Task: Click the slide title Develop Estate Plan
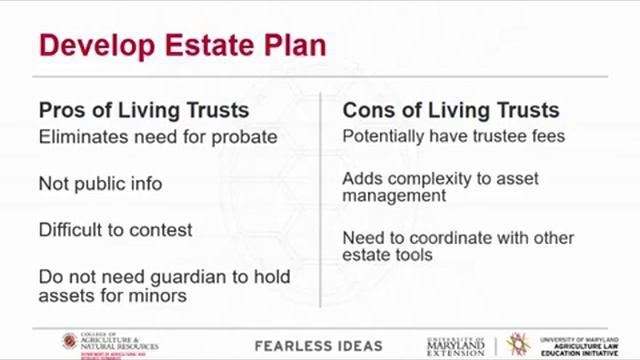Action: pyautogui.click(x=181, y=45)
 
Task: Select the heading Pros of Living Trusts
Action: pyautogui.click(x=144, y=110)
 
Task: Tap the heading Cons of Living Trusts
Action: pyautogui.click(x=451, y=110)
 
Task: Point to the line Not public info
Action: pyautogui.click(x=100, y=183)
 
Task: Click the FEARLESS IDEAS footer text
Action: pyautogui.click(x=318, y=346)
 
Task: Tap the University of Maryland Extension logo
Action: pyautogui.click(x=455, y=345)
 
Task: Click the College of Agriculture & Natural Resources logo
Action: pyautogui.click(x=110, y=343)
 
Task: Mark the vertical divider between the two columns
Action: pyautogui.click(x=320, y=200)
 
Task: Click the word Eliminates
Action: pyautogui.click(x=80, y=137)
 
